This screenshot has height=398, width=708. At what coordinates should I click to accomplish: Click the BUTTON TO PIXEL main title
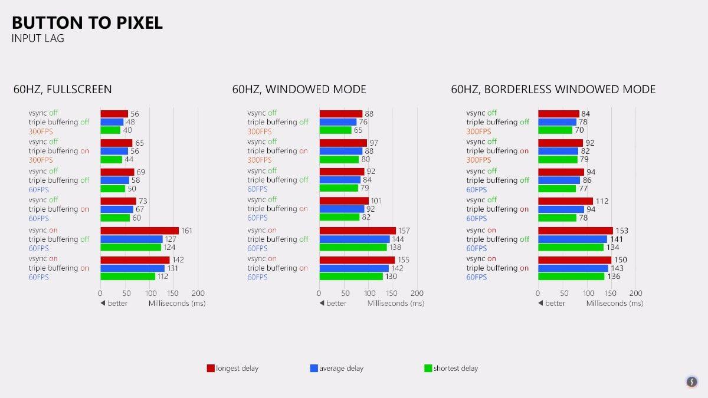(x=87, y=23)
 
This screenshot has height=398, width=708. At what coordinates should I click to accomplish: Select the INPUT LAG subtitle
(x=38, y=39)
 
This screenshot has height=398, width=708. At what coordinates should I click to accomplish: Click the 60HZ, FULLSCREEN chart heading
(x=63, y=90)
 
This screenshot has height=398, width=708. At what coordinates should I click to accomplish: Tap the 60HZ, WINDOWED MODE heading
(x=299, y=90)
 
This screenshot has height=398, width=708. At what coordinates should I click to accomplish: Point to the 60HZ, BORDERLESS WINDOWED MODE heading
(x=553, y=90)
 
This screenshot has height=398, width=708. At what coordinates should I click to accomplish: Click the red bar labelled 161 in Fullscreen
(x=139, y=231)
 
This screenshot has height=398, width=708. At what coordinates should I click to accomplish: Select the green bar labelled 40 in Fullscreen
(x=110, y=130)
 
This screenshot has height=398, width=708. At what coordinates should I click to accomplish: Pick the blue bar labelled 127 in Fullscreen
(x=131, y=239)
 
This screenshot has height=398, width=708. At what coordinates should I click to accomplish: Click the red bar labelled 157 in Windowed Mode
(x=358, y=231)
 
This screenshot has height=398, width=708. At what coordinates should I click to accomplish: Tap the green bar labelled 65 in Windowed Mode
(x=335, y=130)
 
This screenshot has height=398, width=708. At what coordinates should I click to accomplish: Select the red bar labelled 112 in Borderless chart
(x=565, y=201)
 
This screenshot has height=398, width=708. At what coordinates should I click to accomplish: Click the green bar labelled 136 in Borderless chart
(x=571, y=277)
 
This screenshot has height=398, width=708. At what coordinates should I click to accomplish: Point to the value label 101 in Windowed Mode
(x=376, y=201)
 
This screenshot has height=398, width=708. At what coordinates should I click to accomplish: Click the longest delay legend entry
(x=232, y=369)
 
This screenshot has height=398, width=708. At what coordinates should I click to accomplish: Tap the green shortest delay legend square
(x=428, y=369)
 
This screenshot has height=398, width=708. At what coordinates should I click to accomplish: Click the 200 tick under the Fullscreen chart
(x=198, y=293)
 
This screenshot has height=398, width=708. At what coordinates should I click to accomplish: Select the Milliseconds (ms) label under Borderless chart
(x=614, y=303)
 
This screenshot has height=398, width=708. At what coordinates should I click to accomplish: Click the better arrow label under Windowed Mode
(x=333, y=303)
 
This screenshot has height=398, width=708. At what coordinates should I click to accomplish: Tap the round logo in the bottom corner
(x=693, y=381)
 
